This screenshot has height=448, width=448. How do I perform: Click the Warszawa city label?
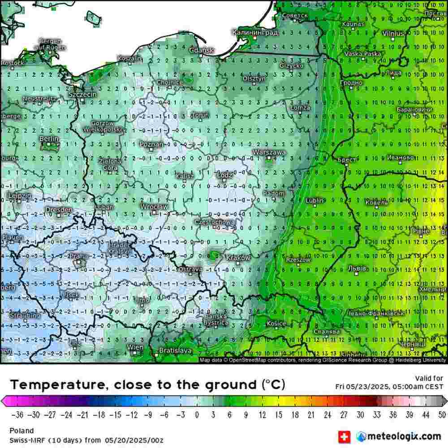point(269,152)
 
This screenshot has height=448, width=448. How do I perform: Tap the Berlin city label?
point(49,139)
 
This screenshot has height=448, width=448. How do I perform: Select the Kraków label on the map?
point(238,258)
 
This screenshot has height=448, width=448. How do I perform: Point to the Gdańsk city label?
point(202,51)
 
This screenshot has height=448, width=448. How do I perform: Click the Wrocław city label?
point(154,207)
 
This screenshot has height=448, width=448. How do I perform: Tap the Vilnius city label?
point(393,34)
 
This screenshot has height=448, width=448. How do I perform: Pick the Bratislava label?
point(176,350)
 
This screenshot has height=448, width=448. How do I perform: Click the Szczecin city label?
point(82,95)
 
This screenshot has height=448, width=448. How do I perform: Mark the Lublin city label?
point(315,200)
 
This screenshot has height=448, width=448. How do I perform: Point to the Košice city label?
point(276,323)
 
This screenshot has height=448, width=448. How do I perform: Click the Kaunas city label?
point(353,24)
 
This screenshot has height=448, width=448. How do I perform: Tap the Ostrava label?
point(190,269)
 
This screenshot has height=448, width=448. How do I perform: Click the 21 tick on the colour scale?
point(311,414)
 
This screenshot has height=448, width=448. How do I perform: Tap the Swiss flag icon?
point(344,436)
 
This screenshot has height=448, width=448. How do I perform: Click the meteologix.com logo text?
point(404,436)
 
